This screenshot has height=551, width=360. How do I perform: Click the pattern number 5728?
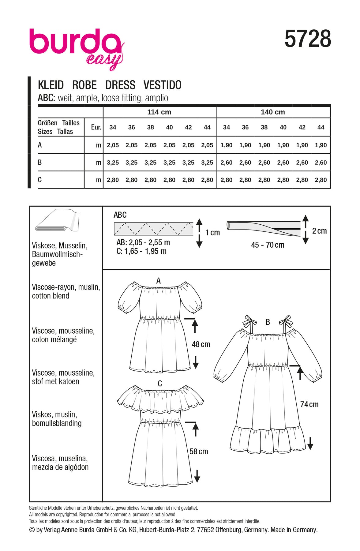[308, 39]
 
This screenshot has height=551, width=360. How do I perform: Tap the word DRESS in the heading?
[120, 85]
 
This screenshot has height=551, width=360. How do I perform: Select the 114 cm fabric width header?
[159, 112]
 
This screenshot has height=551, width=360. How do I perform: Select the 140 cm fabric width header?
[273, 112]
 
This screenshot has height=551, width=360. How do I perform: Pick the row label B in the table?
[40, 162]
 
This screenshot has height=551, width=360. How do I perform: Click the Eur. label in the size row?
[96, 127]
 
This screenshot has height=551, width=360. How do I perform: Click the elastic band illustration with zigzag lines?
[153, 229]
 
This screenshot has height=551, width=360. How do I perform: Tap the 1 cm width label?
[212, 233]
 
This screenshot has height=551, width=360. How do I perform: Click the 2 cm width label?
[319, 231]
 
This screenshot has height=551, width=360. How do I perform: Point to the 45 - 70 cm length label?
[268, 245]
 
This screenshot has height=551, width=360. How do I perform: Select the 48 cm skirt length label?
[201, 344]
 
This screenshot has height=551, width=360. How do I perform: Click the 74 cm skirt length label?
[309, 404]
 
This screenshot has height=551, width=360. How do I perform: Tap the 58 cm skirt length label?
[199, 452]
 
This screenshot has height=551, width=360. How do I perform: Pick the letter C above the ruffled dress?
[160, 384]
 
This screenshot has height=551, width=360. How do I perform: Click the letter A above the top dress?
[158, 280]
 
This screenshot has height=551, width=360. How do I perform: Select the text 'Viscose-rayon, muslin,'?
[66, 287]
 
